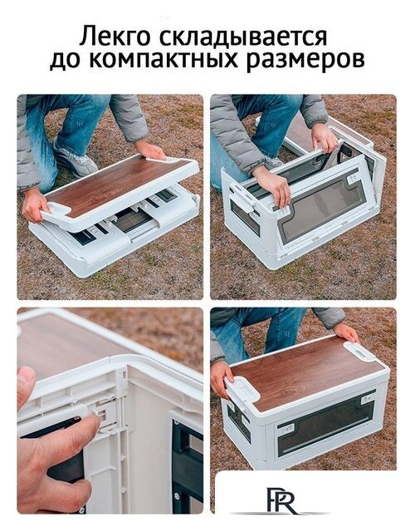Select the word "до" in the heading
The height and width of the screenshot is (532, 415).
point(64,61)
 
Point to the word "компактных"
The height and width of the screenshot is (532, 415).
point(163,61)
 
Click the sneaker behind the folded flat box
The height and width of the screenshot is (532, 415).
point(76,162)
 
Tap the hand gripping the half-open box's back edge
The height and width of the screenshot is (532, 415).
point(325,137)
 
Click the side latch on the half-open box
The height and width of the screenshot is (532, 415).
point(242,197)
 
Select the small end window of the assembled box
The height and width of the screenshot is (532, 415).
point(239,421)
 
